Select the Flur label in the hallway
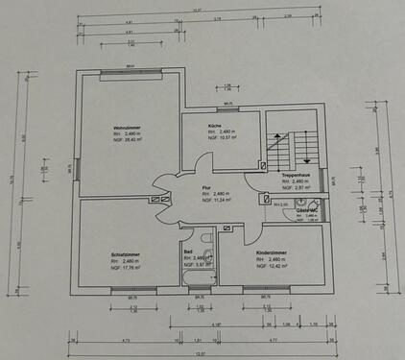tap(206, 188)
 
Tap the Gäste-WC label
tap(307, 209)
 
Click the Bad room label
tap(188, 251)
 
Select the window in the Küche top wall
tap(228, 109)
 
